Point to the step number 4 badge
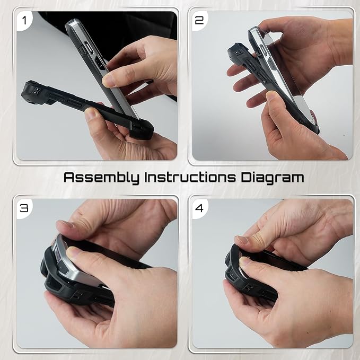tap(200, 208)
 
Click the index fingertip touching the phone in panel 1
tap(109, 80)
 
